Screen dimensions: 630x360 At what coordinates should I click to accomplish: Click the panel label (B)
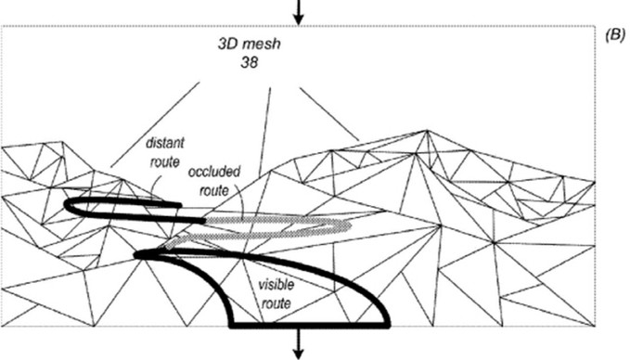615,35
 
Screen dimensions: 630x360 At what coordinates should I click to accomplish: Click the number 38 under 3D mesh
249,62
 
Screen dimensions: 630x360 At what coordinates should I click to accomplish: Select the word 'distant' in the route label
165,143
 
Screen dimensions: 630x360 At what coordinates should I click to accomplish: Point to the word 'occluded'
214,172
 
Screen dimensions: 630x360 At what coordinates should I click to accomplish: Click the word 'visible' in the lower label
276,285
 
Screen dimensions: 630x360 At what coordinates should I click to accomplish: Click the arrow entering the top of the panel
298,12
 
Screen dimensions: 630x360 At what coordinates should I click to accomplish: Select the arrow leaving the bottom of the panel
298,342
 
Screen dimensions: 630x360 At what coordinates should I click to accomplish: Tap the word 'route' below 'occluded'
214,190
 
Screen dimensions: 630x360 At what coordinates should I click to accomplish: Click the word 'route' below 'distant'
165,162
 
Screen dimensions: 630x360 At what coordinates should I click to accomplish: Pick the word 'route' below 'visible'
276,303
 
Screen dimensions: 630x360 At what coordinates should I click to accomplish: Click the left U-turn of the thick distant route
67,206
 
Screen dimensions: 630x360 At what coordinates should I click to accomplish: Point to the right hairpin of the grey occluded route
349,225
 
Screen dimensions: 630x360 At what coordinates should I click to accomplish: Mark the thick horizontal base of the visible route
309,325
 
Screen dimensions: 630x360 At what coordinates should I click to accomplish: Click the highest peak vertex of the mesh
427,130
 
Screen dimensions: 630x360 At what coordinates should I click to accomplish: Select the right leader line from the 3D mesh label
329,114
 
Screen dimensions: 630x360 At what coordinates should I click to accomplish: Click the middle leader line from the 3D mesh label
265,131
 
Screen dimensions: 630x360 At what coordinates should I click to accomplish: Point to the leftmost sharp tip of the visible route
135,255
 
